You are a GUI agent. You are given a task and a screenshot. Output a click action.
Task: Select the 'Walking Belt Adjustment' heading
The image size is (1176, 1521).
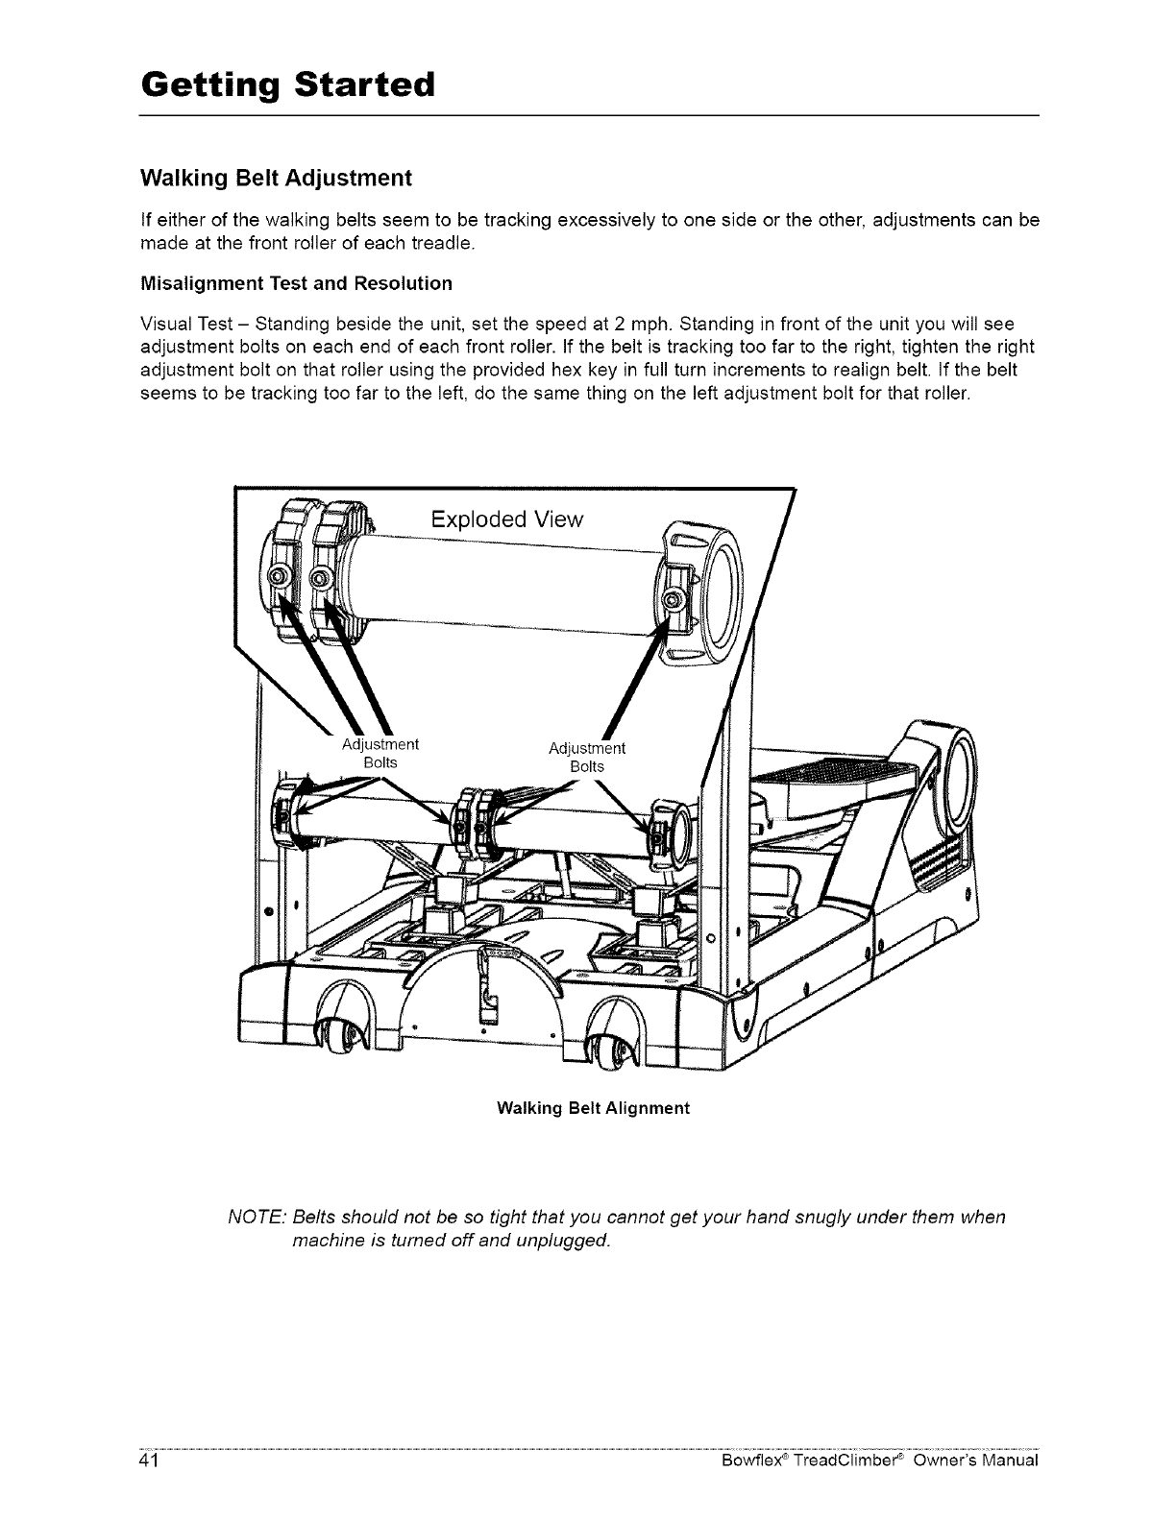pos(276,179)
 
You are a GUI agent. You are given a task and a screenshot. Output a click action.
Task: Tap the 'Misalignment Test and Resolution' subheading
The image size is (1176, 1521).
pos(296,283)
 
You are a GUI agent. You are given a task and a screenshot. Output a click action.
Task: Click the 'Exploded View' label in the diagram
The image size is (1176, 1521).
pos(506,519)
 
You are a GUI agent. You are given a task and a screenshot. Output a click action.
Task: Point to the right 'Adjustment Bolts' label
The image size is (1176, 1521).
pos(586,757)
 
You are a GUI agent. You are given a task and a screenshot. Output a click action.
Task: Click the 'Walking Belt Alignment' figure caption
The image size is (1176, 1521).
pos(593,1108)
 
